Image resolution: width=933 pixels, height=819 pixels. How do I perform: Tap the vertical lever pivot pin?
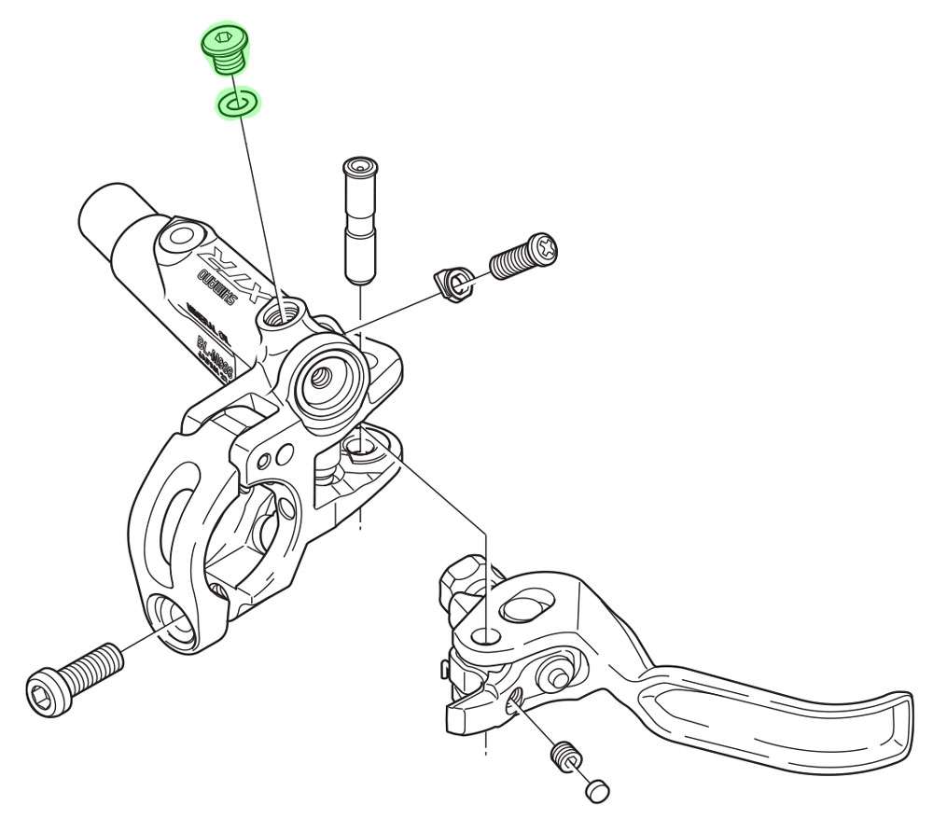359,220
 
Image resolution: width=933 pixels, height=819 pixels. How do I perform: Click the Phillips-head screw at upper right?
523,256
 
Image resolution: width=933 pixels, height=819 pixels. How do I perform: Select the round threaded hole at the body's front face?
321,375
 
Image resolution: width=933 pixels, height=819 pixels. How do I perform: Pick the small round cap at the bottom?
596,789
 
